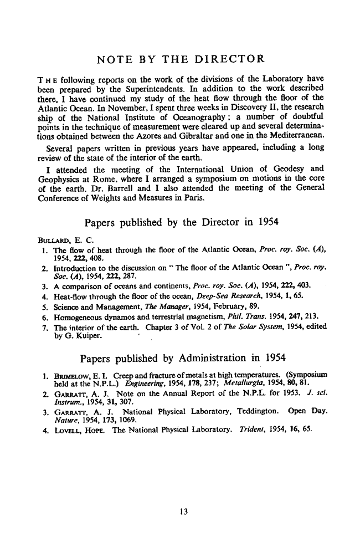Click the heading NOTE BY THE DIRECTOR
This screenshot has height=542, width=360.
pyautogui.click(x=180, y=59)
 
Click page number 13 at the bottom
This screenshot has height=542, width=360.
pyautogui.click(x=180, y=512)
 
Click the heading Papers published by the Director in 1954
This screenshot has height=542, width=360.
pyautogui.click(x=181, y=224)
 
